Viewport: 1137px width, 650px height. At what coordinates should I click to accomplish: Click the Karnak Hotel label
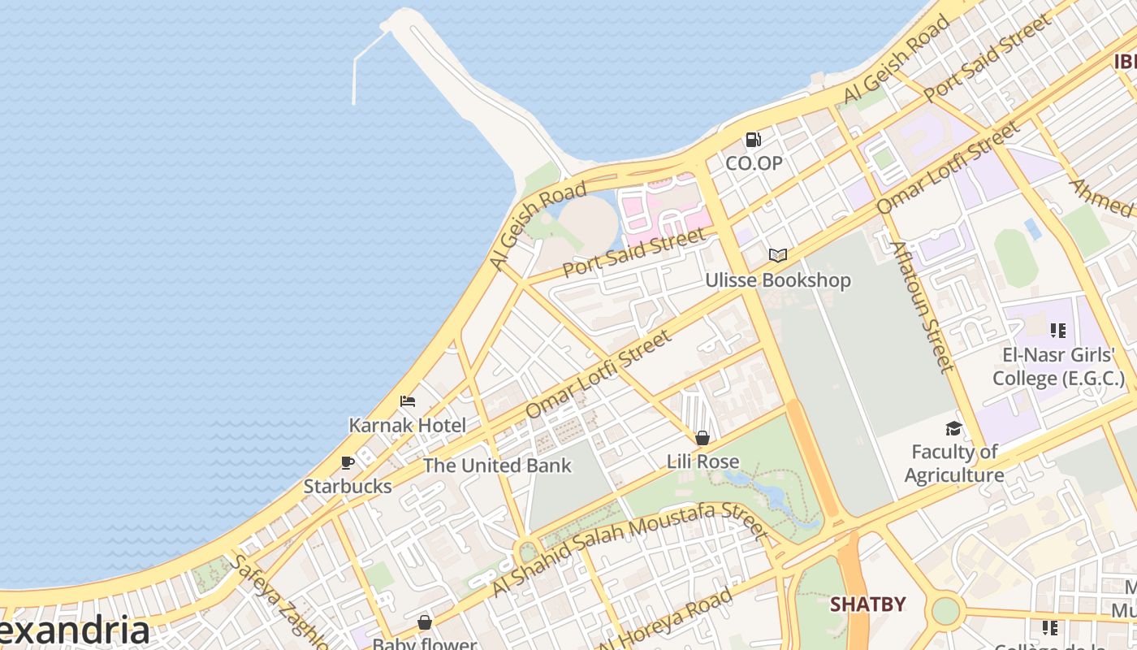coord(408,425)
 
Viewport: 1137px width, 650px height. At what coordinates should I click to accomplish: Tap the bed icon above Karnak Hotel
coord(408,401)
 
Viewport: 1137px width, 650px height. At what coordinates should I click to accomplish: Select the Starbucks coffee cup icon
coord(348,463)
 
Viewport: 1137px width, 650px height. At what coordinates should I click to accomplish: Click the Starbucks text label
coord(348,486)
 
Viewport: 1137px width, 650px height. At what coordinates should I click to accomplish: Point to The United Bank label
coord(497,466)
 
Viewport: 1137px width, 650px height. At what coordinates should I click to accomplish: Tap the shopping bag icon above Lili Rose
coord(703,438)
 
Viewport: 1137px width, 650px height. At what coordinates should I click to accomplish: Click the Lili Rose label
coord(703,461)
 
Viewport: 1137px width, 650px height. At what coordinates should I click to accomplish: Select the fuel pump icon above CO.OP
coord(754,140)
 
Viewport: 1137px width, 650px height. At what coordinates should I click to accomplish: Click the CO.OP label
coord(754,163)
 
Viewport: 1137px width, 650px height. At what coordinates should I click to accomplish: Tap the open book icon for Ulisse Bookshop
coord(778,256)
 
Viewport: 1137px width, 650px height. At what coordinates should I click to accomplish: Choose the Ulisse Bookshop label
coord(778,280)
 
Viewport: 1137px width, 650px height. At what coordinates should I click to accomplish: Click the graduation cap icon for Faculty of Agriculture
coord(953,428)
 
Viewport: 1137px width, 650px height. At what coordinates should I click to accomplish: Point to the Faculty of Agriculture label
coord(954,463)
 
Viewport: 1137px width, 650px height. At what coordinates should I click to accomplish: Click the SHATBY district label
coord(867,604)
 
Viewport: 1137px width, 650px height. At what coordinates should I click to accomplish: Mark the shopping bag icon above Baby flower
coord(424,623)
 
